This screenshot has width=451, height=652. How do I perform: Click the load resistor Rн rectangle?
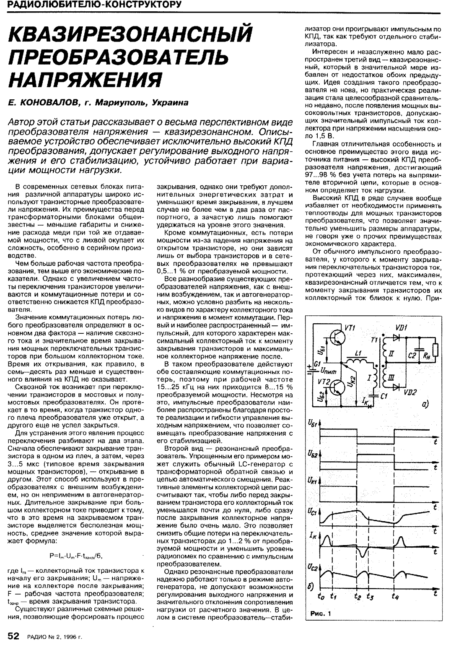pyautogui.click(x=436, y=350)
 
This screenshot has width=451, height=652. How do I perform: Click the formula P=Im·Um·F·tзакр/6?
pyautogui.click(x=76, y=556)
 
